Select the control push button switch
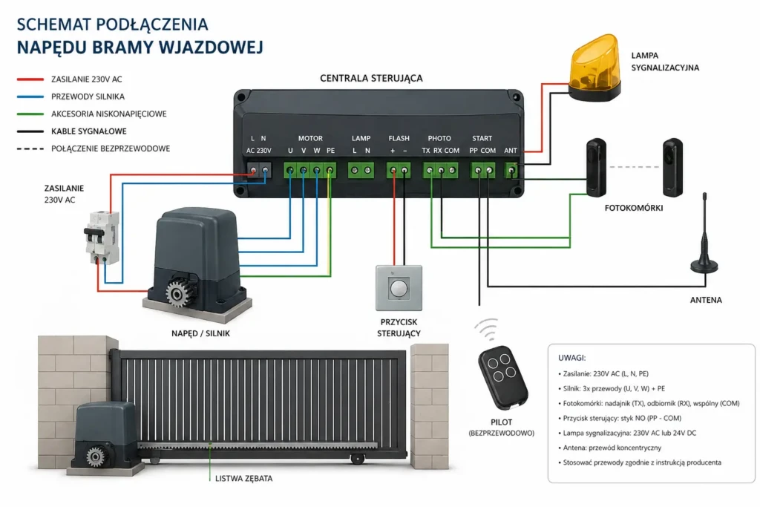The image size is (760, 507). coord(399,288)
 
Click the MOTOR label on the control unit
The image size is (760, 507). coord(310,138)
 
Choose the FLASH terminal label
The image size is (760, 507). coord(399,138)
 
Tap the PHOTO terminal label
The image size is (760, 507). coord(439,138)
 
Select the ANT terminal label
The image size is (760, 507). coord(511,151)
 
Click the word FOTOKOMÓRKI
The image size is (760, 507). coord(633,209)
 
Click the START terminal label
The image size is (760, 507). coord(482,138)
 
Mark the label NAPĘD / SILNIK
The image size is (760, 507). coord(200,333)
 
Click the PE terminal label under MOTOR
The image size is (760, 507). coord(330,151)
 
